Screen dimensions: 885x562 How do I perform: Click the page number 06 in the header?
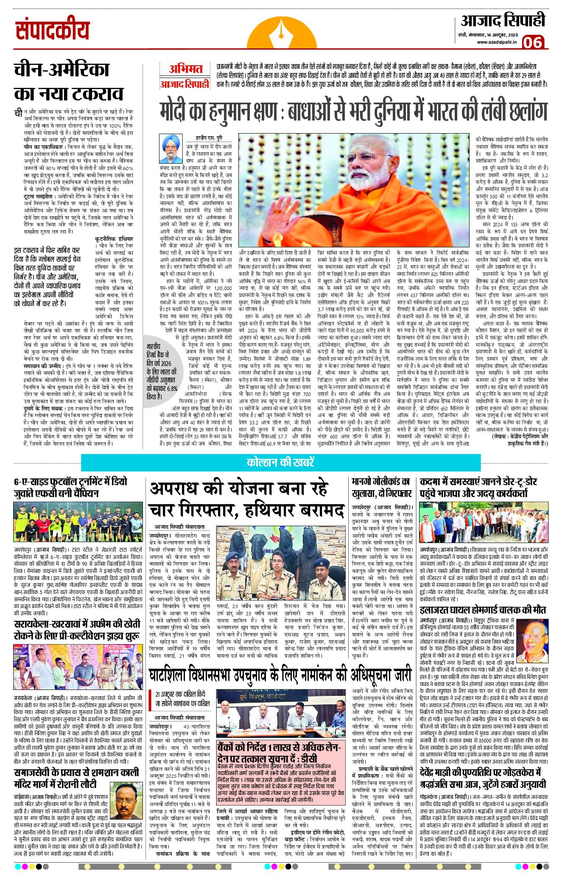tap(532, 42)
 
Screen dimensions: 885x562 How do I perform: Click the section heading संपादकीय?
tap(53, 30)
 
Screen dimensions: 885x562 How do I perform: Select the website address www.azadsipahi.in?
tap(497, 42)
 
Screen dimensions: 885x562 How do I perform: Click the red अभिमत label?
tap(185, 69)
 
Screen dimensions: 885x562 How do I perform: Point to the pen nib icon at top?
tap(280, 30)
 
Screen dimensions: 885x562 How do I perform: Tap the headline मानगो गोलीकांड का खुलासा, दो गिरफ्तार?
tap(381, 488)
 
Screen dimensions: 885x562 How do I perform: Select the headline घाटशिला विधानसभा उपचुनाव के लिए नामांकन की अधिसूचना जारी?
tap(280, 675)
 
